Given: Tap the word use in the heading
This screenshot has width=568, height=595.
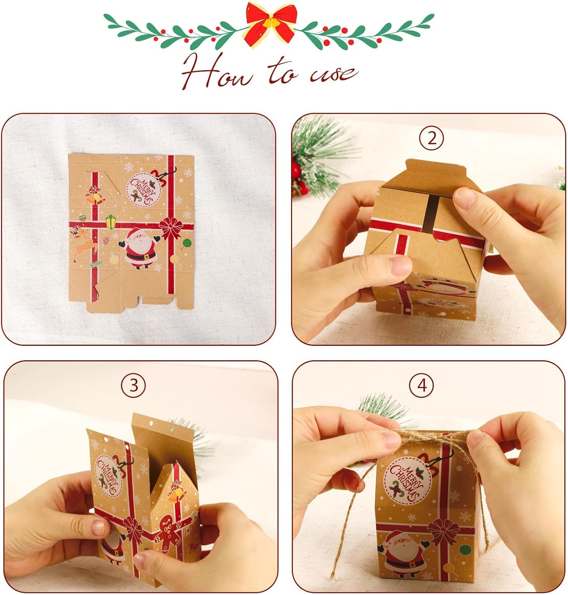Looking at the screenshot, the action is pyautogui.click(x=333, y=73).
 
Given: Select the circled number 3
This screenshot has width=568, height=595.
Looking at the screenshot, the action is pyautogui.click(x=134, y=385).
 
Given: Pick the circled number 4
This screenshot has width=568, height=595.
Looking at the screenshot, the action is pyautogui.click(x=422, y=385).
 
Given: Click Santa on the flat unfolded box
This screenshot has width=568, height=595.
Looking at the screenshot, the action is pyautogui.click(x=139, y=248).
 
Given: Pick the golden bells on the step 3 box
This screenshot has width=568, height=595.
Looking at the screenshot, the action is pyautogui.click(x=177, y=492).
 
